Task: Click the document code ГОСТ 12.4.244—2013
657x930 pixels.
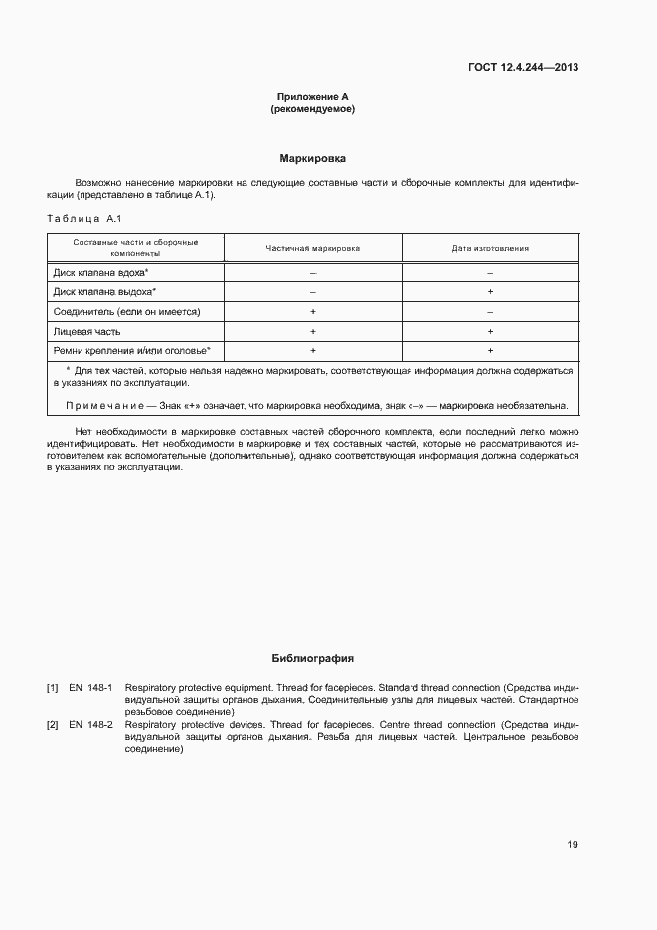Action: [x=523, y=67]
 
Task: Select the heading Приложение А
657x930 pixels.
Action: [x=312, y=97]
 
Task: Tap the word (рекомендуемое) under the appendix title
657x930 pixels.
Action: [x=312, y=109]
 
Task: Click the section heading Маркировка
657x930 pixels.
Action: [x=312, y=158]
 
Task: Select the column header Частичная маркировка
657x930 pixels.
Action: [x=312, y=247]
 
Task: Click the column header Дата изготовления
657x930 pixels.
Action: [x=490, y=247]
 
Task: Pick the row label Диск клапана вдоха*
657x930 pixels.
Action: [x=99, y=272]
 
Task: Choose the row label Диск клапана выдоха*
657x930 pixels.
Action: [x=103, y=291]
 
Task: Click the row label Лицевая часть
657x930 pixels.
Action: [x=87, y=331]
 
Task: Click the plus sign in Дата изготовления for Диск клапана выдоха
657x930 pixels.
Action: [x=490, y=291]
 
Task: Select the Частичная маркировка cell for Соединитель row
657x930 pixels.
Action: [x=312, y=311]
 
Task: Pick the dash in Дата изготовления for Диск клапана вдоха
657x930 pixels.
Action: [x=490, y=272]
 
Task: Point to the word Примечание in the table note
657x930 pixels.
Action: [x=98, y=405]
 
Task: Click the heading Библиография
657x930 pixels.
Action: [x=312, y=658]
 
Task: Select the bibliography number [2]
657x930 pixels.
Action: [x=53, y=724]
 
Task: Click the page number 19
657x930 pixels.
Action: [x=573, y=845]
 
